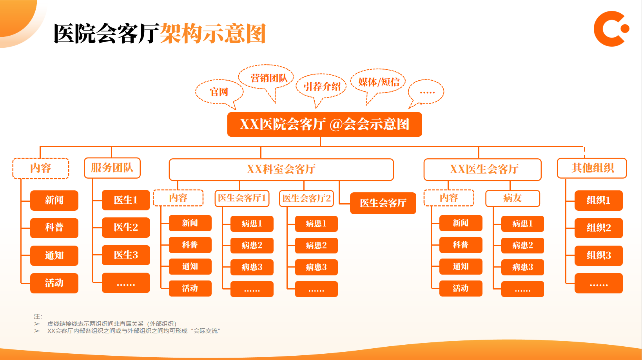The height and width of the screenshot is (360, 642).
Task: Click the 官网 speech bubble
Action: point(219,92)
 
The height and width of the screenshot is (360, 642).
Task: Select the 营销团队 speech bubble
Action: point(269,78)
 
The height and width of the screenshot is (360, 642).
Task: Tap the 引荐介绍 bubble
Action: point(322,87)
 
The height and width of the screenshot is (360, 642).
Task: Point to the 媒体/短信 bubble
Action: point(379,82)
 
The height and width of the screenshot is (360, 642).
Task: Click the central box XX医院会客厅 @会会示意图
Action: point(325,125)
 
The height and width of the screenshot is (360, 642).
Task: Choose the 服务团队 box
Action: point(112,168)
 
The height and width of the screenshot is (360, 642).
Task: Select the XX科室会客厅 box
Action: point(281,169)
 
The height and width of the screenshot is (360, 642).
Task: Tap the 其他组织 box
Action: point(592,168)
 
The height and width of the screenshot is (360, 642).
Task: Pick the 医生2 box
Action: point(126,228)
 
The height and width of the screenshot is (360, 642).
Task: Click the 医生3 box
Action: point(126,255)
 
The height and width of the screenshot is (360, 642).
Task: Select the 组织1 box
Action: point(598,201)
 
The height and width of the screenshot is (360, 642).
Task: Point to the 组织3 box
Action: point(598,255)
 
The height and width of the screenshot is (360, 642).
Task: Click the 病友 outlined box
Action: point(512,198)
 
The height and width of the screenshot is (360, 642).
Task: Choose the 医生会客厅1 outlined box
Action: point(242,198)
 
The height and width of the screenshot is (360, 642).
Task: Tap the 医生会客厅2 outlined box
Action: point(306,198)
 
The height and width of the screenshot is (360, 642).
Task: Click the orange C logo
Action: point(610,29)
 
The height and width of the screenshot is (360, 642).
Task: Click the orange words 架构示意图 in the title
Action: point(213,34)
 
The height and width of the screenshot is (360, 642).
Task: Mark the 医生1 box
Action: point(126,200)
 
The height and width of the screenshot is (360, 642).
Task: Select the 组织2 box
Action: point(598,228)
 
